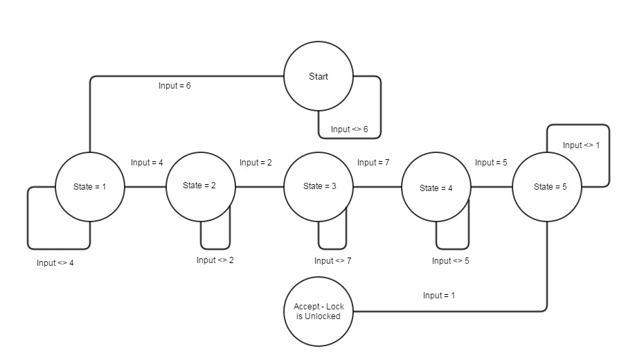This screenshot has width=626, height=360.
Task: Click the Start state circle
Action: [x=319, y=76]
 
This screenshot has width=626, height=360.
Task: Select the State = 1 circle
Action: [x=89, y=187]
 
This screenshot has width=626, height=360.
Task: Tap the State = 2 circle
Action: [x=200, y=186]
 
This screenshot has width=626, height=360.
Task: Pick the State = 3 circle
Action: [x=319, y=187]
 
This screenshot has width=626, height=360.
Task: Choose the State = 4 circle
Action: [x=436, y=188]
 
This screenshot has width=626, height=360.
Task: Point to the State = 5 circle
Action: [x=547, y=187]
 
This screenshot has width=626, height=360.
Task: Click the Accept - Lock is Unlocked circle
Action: [x=319, y=312]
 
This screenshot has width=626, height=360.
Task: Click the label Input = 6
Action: [x=175, y=86]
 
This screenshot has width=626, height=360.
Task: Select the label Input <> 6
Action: [x=349, y=129]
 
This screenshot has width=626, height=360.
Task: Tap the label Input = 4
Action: [x=147, y=163]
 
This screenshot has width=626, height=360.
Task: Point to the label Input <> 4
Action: [x=55, y=263]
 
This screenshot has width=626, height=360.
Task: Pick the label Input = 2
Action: [x=256, y=163]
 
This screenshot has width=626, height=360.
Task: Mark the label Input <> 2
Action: [x=215, y=260]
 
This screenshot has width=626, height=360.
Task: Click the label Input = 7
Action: [x=373, y=163]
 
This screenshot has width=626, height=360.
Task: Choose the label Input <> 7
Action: [x=333, y=261]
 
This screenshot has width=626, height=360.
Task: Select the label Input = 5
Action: [x=491, y=163]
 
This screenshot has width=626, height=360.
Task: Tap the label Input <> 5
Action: [x=451, y=261]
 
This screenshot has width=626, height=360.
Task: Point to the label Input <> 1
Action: [x=582, y=145]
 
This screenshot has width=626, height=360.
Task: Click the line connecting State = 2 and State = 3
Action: [x=260, y=187]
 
